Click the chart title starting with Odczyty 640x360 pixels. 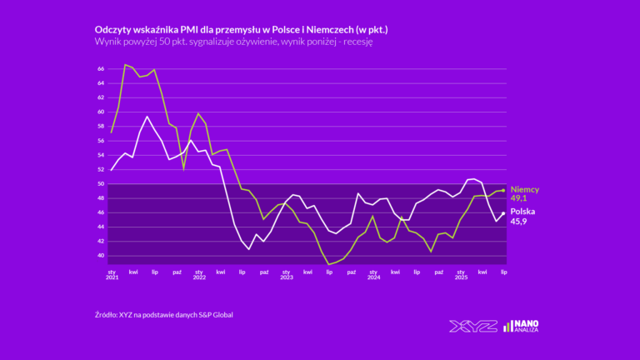(x=242, y=30)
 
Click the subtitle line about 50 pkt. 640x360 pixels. (x=233, y=42)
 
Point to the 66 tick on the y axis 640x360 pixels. (x=100, y=69)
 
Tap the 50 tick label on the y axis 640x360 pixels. (x=100, y=184)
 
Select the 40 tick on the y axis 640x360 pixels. (x=100, y=256)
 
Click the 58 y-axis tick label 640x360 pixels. (x=100, y=127)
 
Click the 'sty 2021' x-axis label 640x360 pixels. (x=112, y=273)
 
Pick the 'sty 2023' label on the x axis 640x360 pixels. (x=286, y=273)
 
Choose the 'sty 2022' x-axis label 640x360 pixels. (x=199, y=273)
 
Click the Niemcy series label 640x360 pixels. (x=525, y=190)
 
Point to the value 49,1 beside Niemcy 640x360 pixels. (x=520, y=199)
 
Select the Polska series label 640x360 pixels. (x=522, y=212)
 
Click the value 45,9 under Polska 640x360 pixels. (x=520, y=222)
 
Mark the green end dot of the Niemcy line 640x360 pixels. (x=503, y=191)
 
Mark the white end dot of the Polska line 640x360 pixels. (x=503, y=213)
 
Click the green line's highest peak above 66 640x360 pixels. (x=126, y=65)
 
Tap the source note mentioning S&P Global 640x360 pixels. (x=164, y=314)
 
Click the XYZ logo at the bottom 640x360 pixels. (x=472, y=326)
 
